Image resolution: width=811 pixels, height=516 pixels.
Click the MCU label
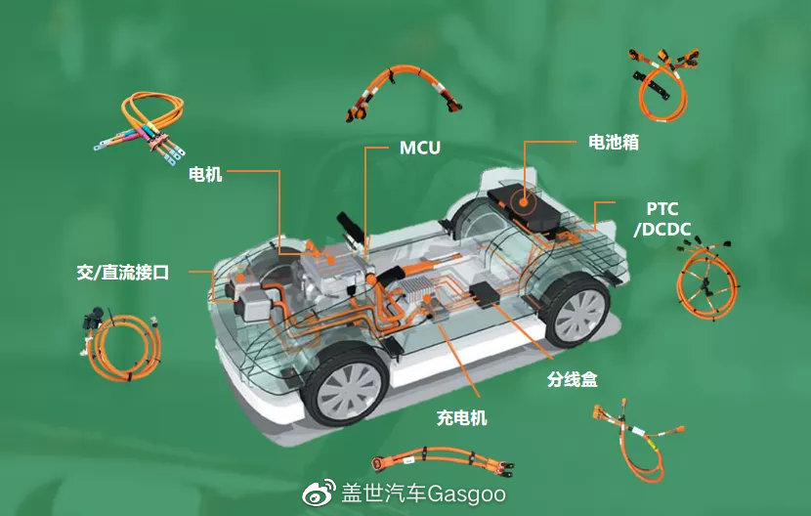pos(420,148)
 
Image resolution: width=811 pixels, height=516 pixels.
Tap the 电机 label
pos(205,174)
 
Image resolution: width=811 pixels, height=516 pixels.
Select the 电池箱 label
pos(614,142)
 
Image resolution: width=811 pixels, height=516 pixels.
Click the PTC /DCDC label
pos(662,219)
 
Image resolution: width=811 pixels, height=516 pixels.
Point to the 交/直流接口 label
pos(123,273)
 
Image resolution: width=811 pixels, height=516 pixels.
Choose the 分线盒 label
pos(572,379)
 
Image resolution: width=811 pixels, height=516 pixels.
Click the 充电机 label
pos(462,417)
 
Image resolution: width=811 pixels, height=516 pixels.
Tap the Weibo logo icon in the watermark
pos(320,493)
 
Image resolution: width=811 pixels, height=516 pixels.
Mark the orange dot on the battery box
pos(524,201)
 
